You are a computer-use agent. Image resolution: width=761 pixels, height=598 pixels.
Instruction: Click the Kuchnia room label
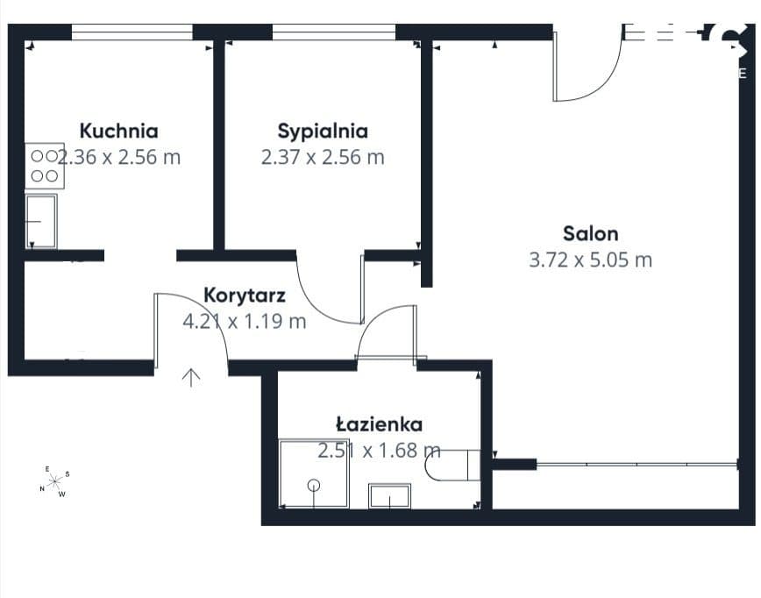click(119, 131)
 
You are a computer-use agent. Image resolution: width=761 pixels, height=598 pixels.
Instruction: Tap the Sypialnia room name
click(323, 131)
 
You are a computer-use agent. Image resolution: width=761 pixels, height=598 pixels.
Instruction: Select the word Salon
click(591, 234)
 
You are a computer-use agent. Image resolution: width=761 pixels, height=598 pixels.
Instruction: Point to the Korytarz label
click(245, 295)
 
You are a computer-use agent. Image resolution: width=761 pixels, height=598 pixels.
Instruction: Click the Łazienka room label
click(379, 424)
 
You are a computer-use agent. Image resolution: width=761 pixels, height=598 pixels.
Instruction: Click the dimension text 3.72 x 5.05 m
click(591, 260)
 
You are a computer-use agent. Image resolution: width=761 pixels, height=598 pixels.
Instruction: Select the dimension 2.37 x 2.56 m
click(323, 157)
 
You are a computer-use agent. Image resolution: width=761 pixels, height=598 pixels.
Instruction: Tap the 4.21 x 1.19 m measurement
click(245, 321)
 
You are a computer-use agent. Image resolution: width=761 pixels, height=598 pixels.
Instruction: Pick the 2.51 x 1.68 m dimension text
click(379, 451)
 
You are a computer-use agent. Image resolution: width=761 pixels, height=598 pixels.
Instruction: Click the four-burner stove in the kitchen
click(45, 166)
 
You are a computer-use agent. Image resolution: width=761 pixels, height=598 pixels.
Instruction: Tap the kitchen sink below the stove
click(40, 221)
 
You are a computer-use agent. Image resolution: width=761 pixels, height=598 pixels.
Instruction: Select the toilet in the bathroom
click(452, 465)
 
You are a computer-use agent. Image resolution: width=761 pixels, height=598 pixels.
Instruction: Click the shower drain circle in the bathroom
click(314, 485)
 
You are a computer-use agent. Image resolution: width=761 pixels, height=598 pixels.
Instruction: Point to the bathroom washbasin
click(390, 496)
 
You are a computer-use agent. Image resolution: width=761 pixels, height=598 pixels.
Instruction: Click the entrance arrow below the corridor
click(191, 378)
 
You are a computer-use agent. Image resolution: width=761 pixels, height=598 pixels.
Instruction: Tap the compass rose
click(54, 481)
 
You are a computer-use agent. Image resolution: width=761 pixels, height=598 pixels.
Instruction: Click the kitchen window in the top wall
click(132, 32)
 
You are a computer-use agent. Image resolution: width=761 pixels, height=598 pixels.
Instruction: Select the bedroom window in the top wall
click(334, 32)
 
